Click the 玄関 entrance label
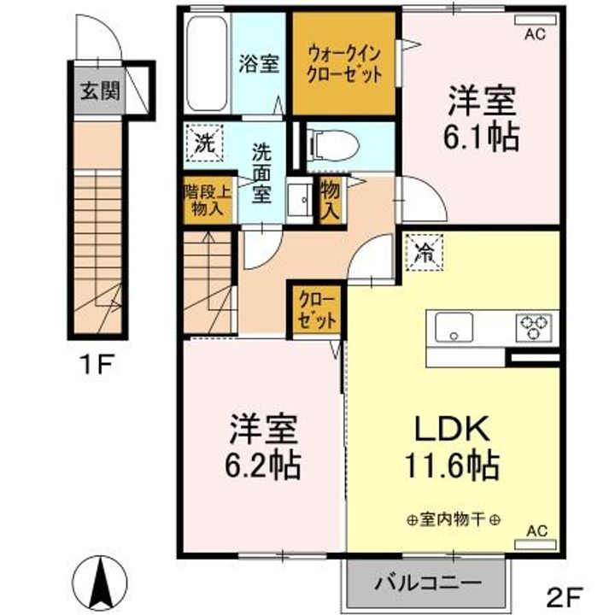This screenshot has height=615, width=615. [x=100, y=91]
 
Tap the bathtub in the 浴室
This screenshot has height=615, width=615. [x=207, y=63]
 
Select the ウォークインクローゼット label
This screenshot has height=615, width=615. [x=344, y=63]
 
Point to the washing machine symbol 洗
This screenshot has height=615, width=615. [x=205, y=143]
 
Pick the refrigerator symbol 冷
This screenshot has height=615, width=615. [x=425, y=252]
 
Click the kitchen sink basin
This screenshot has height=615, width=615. [x=454, y=327]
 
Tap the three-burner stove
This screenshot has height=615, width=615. [x=533, y=326]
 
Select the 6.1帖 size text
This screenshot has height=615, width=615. [x=481, y=138]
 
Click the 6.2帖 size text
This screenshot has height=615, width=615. [x=262, y=466]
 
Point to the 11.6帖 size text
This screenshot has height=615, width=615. [x=452, y=466]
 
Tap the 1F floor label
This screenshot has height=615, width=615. [x=97, y=364]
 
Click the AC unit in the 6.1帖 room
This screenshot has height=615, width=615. [x=536, y=20]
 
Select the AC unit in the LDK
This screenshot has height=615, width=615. [x=536, y=544]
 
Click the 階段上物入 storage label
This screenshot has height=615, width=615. [x=208, y=201]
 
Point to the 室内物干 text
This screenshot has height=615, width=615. [x=454, y=520]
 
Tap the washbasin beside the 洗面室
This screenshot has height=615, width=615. [x=299, y=200]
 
